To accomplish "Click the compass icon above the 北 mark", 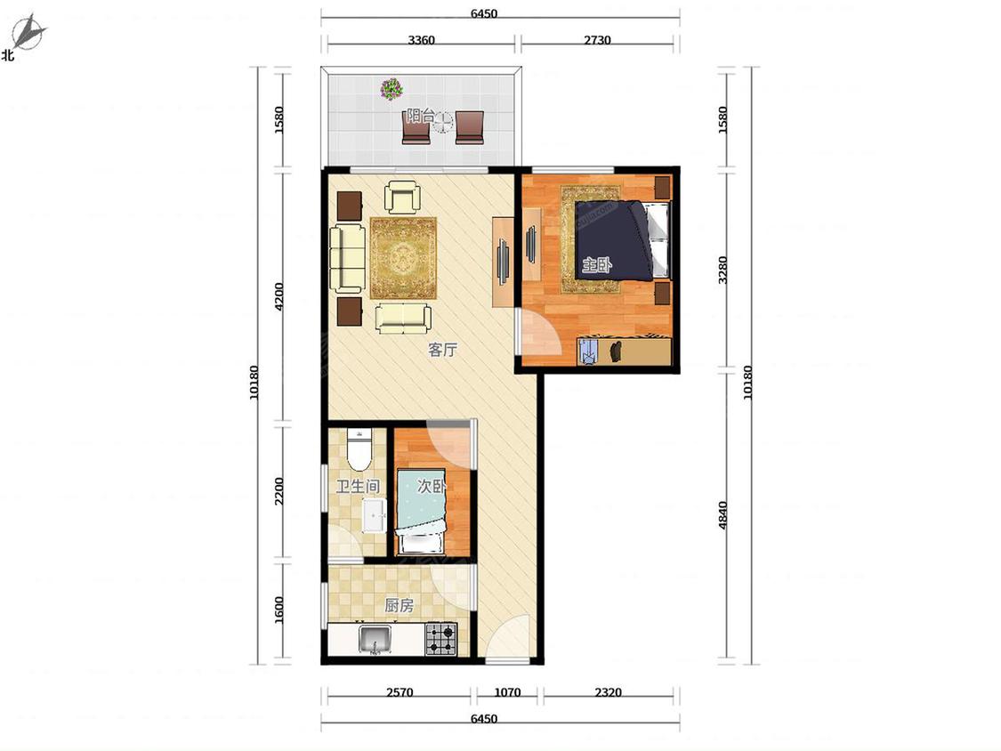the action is point(28,33).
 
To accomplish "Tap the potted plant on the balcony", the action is point(391,89).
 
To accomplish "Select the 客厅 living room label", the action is point(442,350).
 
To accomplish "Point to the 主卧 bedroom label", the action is point(596,264).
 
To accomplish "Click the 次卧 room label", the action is point(431,486).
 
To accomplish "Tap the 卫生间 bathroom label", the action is point(359,487).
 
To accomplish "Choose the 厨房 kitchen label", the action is point(399,605).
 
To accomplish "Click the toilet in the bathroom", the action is point(359,449).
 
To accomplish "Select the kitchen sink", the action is point(375,640).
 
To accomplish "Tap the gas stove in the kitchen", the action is point(441,639).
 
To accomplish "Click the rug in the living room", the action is point(403,258).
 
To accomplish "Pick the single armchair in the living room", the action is point(402,198).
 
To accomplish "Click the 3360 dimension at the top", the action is point(422,40).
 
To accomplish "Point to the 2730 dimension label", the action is point(597,40).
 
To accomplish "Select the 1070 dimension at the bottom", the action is point(507,692).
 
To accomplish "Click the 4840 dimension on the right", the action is point(722,515).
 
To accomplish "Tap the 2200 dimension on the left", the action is point(279,491).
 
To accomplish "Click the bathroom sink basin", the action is point(374,515).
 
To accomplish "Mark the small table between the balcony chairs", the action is point(441,122).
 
